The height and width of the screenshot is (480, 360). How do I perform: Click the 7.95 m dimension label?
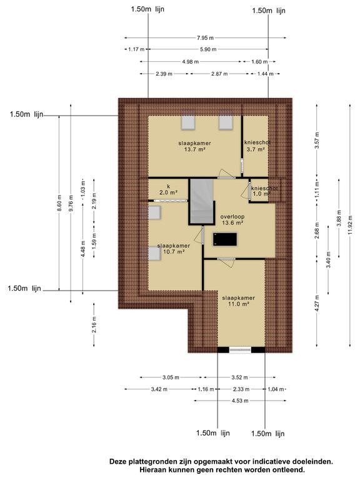(205, 38)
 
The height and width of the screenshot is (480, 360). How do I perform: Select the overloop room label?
(232, 217)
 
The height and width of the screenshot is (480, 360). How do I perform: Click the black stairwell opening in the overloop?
(225, 239)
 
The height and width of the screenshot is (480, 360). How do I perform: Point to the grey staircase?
(201, 201)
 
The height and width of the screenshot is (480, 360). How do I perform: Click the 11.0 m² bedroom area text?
(238, 304)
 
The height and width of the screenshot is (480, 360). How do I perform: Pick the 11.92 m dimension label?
(351, 225)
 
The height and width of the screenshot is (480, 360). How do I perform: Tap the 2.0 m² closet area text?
(168, 192)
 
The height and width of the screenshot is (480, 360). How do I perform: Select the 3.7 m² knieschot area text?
(255, 149)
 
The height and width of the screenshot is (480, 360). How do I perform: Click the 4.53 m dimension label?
(240, 401)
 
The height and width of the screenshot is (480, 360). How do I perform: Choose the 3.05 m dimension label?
(171, 377)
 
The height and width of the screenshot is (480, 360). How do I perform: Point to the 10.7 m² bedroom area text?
(174, 252)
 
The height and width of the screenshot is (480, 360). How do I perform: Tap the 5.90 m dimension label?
(208, 49)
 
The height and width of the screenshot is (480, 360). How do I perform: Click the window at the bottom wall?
(240, 350)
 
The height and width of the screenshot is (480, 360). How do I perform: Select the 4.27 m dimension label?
(317, 303)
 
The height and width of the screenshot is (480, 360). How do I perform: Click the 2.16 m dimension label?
(94, 325)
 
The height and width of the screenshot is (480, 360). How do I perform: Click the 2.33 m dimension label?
(241, 389)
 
